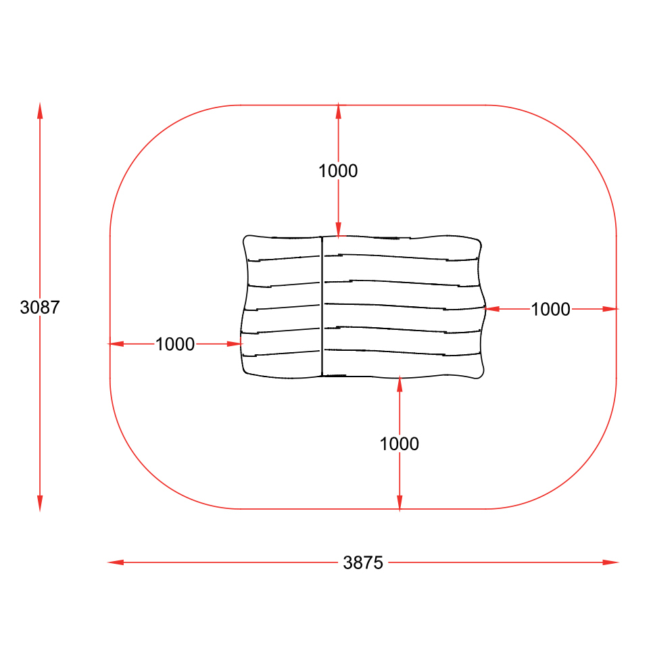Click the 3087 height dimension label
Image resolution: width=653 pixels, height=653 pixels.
(x=40, y=308)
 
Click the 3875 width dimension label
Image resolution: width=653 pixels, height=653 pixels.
(x=363, y=562)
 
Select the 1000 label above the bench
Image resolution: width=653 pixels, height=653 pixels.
(x=338, y=171)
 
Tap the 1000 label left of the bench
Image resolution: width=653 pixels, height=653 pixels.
(x=175, y=344)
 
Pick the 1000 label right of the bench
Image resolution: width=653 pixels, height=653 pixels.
(x=550, y=309)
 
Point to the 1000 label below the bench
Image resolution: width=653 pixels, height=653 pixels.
(x=399, y=444)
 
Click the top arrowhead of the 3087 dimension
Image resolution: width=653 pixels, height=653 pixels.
(x=40, y=111)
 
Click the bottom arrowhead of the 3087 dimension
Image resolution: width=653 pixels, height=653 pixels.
(x=40, y=504)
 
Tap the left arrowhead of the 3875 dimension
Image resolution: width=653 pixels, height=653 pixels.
(x=116, y=562)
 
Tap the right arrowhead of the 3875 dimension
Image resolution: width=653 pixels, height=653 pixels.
(x=610, y=562)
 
